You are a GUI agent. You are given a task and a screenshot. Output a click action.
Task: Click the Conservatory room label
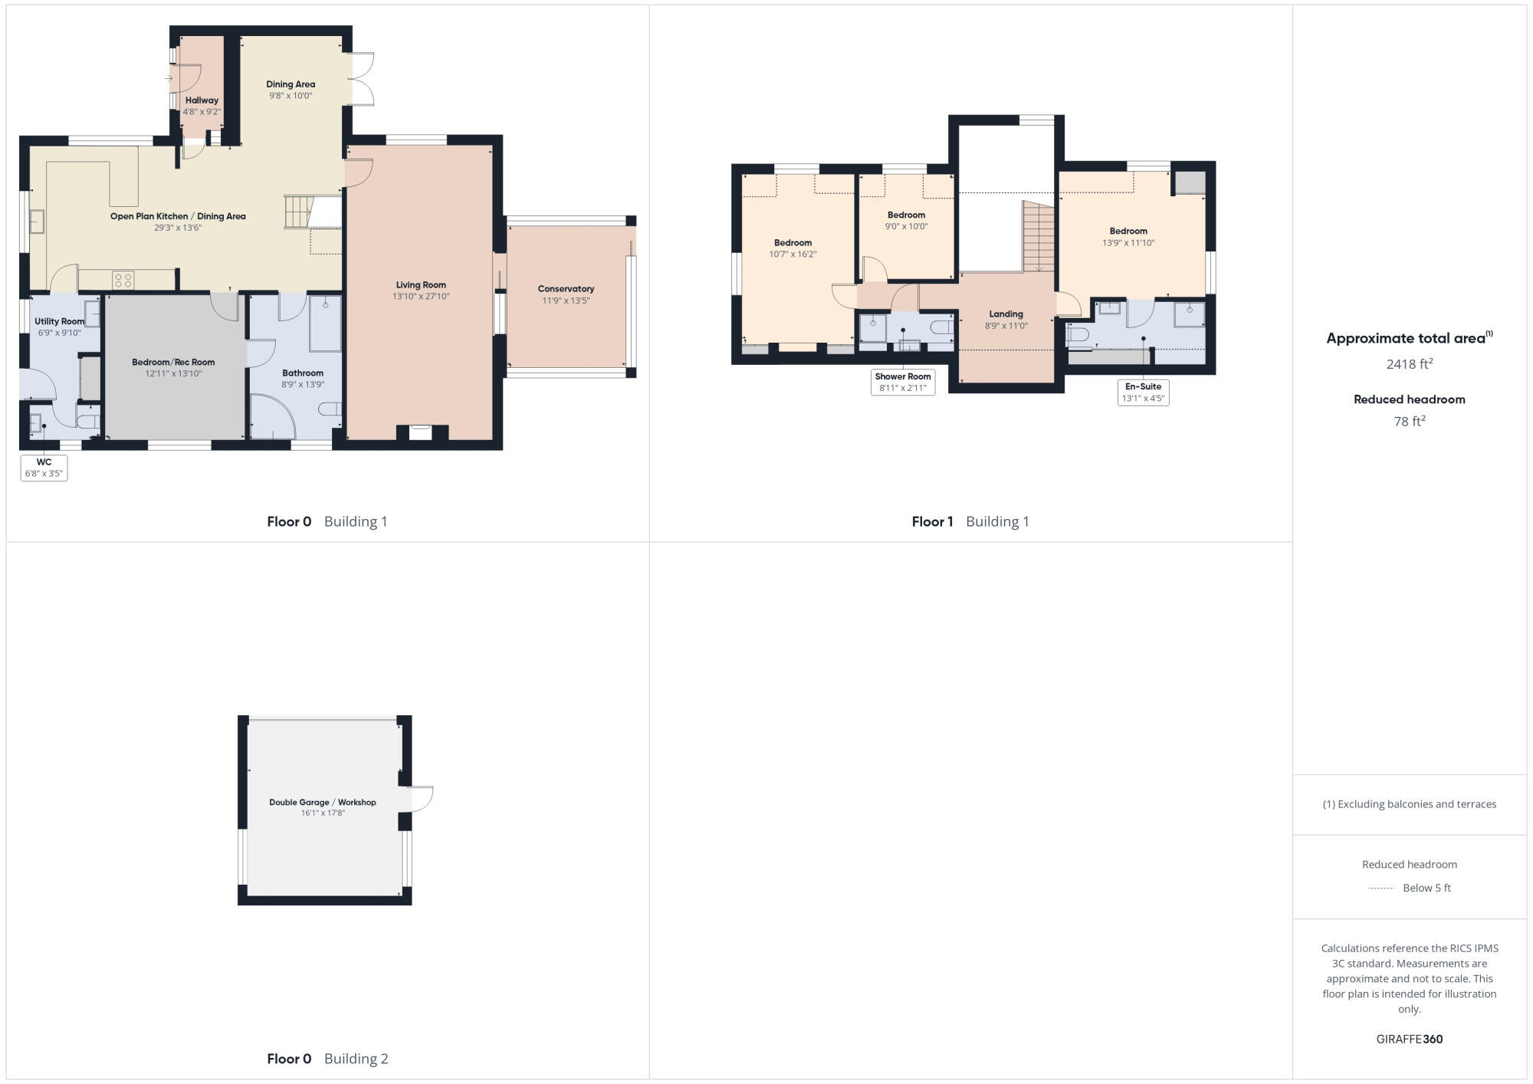[x=566, y=289]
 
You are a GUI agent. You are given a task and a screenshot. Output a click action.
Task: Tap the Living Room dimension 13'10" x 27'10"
[x=421, y=297]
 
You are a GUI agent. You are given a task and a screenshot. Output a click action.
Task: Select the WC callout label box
[x=44, y=468]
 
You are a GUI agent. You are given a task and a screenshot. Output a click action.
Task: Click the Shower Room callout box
[x=903, y=382]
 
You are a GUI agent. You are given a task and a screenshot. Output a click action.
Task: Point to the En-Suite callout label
[x=1143, y=392]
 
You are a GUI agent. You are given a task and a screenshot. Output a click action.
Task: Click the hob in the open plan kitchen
[x=123, y=280]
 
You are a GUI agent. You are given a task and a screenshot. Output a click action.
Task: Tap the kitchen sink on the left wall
[x=37, y=222]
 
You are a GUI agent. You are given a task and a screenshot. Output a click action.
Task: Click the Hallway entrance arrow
[x=169, y=78]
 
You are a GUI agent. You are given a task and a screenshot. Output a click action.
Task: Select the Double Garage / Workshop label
[x=322, y=802]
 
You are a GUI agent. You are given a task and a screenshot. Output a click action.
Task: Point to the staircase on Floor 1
[x=1039, y=236]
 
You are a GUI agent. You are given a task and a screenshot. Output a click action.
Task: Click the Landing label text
[x=1006, y=314]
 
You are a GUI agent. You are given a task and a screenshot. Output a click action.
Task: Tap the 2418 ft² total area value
[x=1409, y=364]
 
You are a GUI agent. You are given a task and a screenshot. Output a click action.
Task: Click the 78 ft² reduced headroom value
[x=1409, y=421]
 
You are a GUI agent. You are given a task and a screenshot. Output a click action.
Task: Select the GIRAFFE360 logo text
[x=1409, y=1040]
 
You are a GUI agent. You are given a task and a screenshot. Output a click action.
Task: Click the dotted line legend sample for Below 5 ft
[x=1381, y=889]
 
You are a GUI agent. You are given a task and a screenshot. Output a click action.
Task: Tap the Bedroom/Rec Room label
[x=173, y=362]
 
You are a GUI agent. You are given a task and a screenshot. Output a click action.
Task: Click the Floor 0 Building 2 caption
[x=327, y=1059]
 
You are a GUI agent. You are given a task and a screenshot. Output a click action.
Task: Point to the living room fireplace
[x=420, y=432]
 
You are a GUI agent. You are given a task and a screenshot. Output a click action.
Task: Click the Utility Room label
[x=59, y=321]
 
